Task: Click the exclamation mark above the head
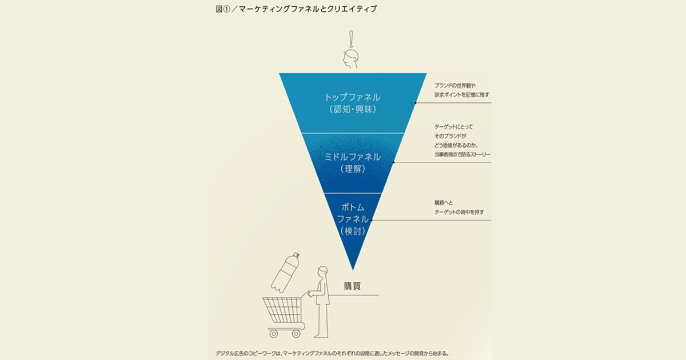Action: tap(351, 39)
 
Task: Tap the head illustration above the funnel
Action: tap(350, 59)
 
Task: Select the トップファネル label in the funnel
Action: tap(353, 97)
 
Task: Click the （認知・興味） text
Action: tap(353, 109)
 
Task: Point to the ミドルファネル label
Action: tap(353, 157)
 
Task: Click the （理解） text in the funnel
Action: tap(353, 169)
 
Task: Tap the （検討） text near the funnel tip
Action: tap(353, 231)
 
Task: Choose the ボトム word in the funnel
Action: tap(353, 207)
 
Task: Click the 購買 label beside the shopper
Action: tap(352, 286)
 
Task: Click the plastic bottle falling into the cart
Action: tap(285, 272)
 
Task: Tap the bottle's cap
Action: tap(296, 255)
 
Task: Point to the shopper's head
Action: tap(322, 271)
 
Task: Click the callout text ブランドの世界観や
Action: tap(455, 86)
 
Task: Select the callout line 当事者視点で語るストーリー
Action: tap(462, 155)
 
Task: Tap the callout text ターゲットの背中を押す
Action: tap(459, 212)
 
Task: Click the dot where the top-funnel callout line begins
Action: tap(416, 103)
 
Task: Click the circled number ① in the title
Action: tap(226, 9)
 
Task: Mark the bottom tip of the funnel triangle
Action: tap(353, 270)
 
